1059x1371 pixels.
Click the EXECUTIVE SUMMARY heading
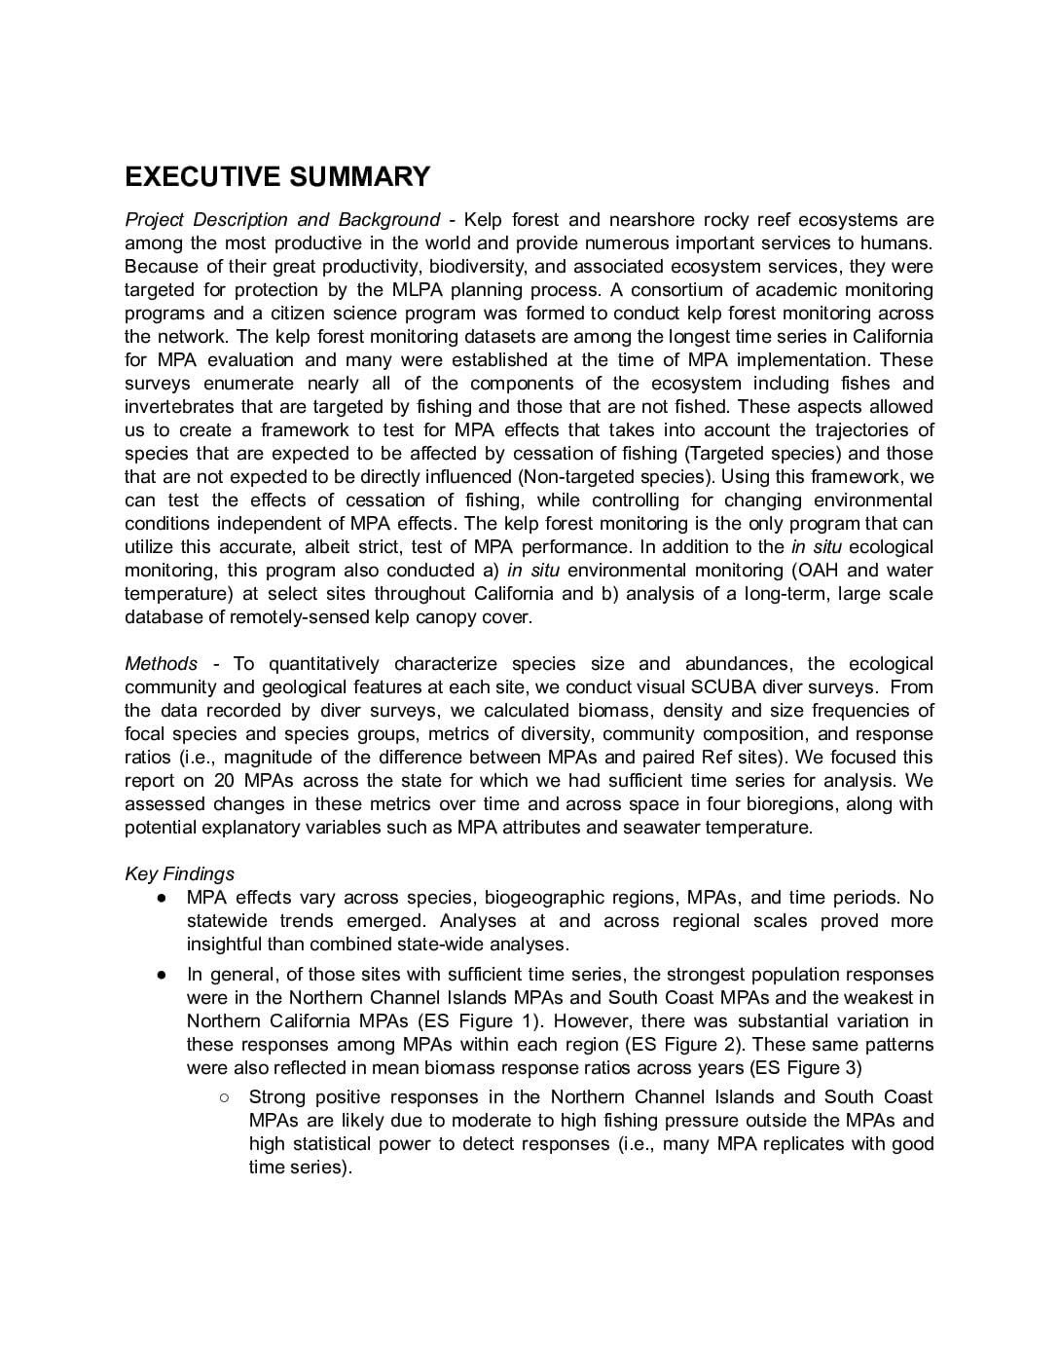[277, 176]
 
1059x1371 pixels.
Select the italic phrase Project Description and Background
[282, 220]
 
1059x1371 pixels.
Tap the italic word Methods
[161, 664]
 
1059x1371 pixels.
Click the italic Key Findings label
[179, 873]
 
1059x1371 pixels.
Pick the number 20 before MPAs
[223, 781]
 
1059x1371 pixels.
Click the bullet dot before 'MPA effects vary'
[161, 898]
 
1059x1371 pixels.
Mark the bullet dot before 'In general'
[161, 975]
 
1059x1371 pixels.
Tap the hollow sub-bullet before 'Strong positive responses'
[223, 1097]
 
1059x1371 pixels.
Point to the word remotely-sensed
[278, 617]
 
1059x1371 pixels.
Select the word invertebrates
[185, 407]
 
